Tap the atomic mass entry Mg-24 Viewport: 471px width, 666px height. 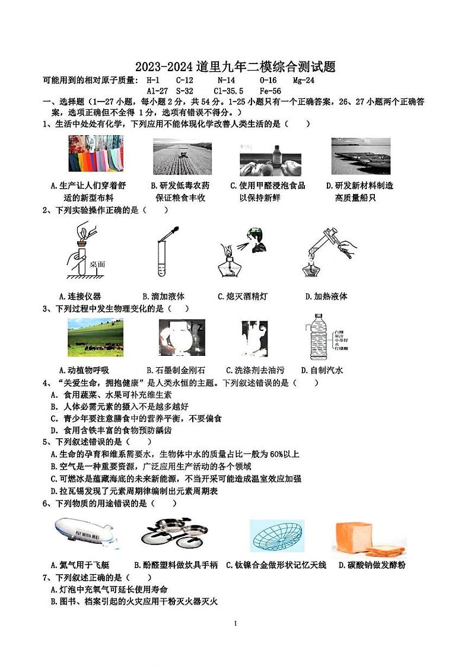pyautogui.click(x=304, y=80)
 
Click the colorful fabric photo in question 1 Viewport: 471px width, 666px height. pyautogui.click(x=96, y=154)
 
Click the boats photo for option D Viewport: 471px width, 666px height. pyautogui.click(x=361, y=156)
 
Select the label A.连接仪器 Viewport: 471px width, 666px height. pyautogui.click(x=80, y=296)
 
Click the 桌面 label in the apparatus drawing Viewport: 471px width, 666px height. pyautogui.click(x=97, y=265)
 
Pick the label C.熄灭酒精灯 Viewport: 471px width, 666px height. pyautogui.click(x=242, y=296)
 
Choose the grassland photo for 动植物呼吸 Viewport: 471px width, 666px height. pyautogui.click(x=96, y=338)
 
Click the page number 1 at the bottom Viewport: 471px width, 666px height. pyautogui.click(x=235, y=623)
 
